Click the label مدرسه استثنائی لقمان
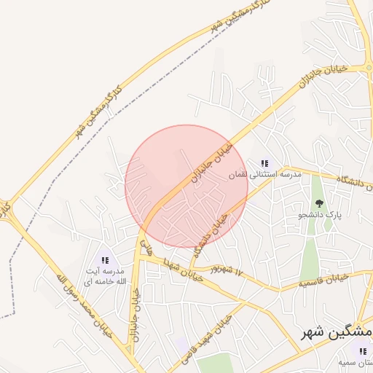pyautogui.click(x=264, y=175)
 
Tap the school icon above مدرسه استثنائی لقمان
pyautogui.click(x=264, y=165)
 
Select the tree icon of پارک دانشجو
pyautogui.click(x=318, y=203)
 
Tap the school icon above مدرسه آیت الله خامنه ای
pyautogui.click(x=105, y=259)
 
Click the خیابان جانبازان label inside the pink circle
pyautogui.click(x=211, y=163)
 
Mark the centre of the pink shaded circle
pyautogui.click(x=186, y=186)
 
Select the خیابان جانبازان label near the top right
pyautogui.click(x=321, y=76)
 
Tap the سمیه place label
pyautogui.click(x=357, y=362)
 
